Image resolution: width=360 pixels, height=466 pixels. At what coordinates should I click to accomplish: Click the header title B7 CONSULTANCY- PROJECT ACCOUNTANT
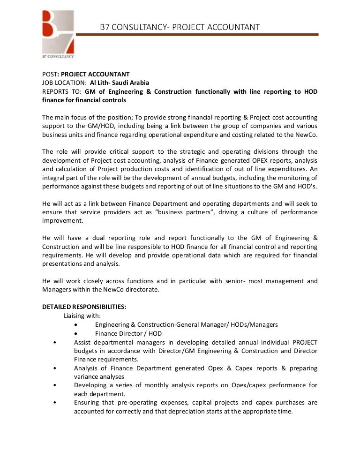pyautogui.click(x=180, y=27)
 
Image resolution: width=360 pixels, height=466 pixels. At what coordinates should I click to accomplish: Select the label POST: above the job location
pyautogui.click(x=50, y=74)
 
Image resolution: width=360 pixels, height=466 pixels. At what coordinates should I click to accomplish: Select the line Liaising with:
pyautogui.click(x=82, y=316)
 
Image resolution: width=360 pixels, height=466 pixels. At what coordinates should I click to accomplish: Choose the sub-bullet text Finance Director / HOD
pyautogui.click(x=128, y=333)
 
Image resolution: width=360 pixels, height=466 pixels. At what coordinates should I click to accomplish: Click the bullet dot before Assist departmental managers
pyautogui.click(x=55, y=342)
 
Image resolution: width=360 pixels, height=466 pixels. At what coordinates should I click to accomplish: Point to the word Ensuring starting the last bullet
pyautogui.click(x=87, y=402)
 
